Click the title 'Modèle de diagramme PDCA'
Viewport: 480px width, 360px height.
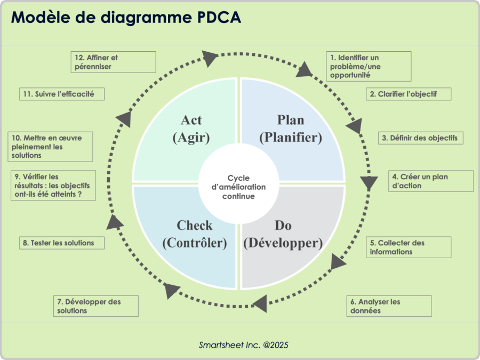[126, 18]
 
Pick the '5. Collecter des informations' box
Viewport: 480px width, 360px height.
[409, 247]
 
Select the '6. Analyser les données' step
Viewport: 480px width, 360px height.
[388, 306]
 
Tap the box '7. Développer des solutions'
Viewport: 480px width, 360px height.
[96, 306]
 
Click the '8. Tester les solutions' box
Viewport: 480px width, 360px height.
[61, 243]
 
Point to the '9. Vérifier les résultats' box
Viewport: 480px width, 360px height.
[53, 185]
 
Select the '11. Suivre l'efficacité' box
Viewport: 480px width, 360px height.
[61, 94]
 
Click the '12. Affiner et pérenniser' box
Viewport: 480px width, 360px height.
[113, 62]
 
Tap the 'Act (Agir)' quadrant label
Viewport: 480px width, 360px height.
[191, 129]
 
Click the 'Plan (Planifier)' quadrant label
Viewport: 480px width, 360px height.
[291, 129]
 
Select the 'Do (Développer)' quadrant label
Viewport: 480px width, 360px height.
[283, 234]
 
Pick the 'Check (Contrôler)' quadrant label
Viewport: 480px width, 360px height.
[195, 234]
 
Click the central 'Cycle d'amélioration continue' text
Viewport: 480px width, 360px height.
[238, 187]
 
